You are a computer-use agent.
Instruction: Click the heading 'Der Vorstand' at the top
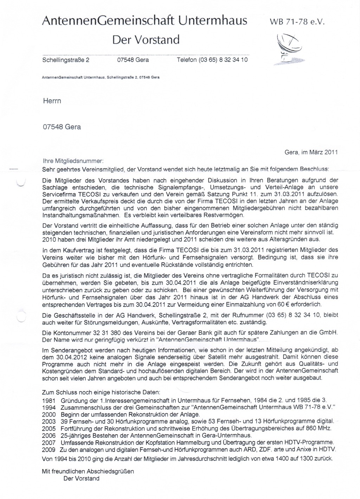click(x=146, y=39)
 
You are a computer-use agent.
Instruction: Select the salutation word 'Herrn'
click(x=52, y=101)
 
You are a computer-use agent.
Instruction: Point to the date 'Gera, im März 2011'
click(x=311, y=152)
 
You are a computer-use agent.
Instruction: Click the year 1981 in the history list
click(x=49, y=400)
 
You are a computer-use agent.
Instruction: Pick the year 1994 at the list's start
click(x=49, y=408)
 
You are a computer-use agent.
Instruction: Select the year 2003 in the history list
click(x=49, y=421)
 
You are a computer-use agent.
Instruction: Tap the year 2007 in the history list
click(x=49, y=442)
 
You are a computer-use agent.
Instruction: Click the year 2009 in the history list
click(x=49, y=449)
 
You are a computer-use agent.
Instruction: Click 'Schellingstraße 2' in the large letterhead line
click(x=66, y=60)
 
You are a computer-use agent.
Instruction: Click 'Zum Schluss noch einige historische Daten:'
click(x=101, y=392)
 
